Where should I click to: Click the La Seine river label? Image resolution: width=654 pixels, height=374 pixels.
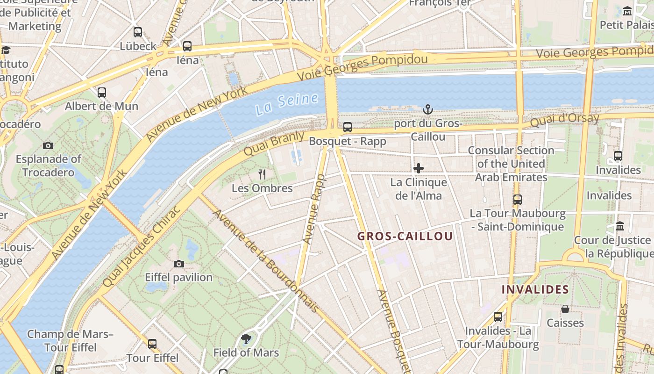pos(287,103)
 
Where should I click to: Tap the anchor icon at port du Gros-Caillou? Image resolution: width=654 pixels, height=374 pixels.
pos(427,110)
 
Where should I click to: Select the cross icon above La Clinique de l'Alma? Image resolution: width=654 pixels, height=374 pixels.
pos(419,168)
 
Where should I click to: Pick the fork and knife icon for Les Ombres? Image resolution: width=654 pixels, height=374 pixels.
pos(262,175)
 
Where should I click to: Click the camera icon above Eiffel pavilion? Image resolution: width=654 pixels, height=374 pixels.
pos(178,264)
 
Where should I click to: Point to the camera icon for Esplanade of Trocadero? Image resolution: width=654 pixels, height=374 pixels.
pos(48,146)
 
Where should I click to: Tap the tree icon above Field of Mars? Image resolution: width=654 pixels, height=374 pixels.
pos(246,338)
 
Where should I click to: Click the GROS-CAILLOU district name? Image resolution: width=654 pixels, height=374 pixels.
pos(405,236)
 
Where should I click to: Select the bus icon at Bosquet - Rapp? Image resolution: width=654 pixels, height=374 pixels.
pos(348,127)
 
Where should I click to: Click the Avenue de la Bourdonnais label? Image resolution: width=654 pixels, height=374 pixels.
pos(266,261)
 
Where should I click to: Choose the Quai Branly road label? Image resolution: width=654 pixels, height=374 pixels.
pos(274,144)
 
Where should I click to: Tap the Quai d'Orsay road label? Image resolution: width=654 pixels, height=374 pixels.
pos(564,120)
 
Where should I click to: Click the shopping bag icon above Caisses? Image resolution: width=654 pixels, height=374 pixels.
pos(565,309)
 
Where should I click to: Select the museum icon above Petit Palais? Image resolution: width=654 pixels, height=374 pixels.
pos(627,11)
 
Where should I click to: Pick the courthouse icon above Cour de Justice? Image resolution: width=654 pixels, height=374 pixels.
pos(620,226)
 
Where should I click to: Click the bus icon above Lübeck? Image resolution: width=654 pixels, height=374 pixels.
pos(138,32)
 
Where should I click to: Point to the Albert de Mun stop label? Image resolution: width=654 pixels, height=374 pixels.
pos(101,106)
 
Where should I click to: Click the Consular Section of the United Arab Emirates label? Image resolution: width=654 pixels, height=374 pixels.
pos(511,164)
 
